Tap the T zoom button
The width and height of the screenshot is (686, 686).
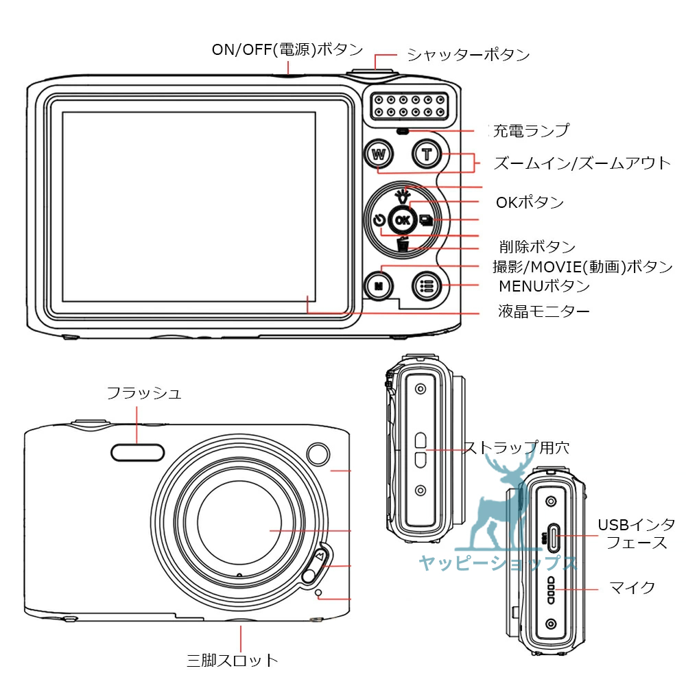coord(427,154)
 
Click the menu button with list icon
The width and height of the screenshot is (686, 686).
coord(427,286)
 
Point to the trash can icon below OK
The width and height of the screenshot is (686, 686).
coord(403,244)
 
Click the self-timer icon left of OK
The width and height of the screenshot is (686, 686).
coord(379,220)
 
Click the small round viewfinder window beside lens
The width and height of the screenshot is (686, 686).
coord(318,453)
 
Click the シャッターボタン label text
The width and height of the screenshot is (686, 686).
coord(469,55)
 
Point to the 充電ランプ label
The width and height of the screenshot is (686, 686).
coord(532,130)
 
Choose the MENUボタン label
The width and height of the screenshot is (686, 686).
coord(544,285)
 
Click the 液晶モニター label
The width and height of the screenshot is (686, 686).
coord(543,312)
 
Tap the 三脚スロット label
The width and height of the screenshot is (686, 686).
coord(233,661)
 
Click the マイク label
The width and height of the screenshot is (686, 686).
coord(632,588)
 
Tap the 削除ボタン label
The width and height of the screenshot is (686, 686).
coord(537,247)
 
